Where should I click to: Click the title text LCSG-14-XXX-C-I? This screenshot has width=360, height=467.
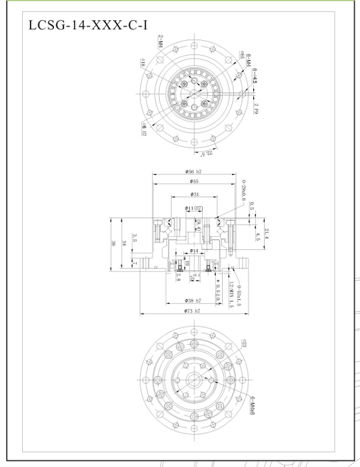point(88,26)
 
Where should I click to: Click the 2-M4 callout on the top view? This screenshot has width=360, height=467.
point(161,42)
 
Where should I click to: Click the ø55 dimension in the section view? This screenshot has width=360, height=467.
point(193,181)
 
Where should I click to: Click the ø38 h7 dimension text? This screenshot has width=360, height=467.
point(193,300)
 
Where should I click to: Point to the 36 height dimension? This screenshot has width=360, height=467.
point(113,243)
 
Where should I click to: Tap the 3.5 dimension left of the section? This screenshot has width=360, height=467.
point(134,237)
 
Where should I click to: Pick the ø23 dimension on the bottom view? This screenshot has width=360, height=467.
point(245,344)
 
